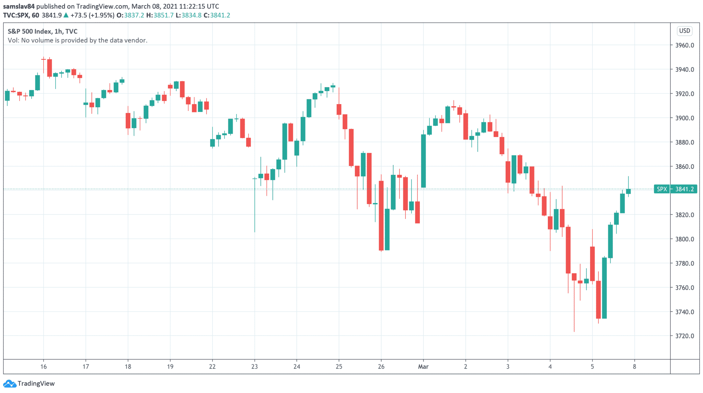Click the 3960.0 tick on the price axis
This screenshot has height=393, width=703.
tap(684, 45)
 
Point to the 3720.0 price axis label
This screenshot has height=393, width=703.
tap(684, 336)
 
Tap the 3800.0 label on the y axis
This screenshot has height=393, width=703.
tap(684, 239)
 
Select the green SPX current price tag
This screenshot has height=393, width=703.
tap(676, 189)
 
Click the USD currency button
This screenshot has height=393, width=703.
tap(684, 31)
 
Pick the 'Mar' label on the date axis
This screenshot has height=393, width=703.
tap(423, 367)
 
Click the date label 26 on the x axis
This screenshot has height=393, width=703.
tap(381, 367)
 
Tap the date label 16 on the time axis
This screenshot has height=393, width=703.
tap(43, 367)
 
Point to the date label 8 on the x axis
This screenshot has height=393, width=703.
tap(634, 367)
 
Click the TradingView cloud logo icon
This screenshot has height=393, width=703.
tap(10, 383)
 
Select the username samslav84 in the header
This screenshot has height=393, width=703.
tap(19, 6)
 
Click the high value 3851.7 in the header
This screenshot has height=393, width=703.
tap(163, 15)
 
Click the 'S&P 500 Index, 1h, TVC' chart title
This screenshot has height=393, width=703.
tap(43, 31)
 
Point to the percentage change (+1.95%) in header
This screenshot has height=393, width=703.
tap(102, 15)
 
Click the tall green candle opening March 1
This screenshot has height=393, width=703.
tap(424, 161)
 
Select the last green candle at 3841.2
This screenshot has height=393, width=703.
tap(629, 191)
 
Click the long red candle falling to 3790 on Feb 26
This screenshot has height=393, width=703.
tap(381, 215)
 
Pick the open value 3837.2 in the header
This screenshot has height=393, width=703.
tap(134, 15)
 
